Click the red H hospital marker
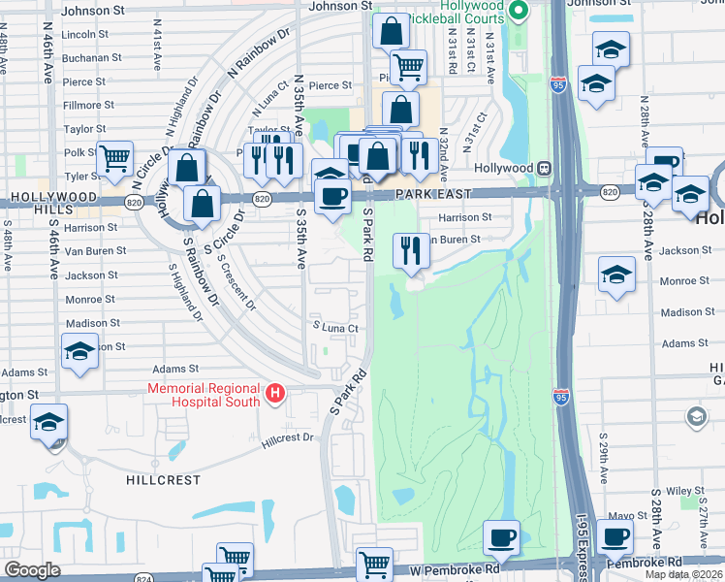coord(275,394)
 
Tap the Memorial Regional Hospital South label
coord(205,395)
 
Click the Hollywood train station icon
coord(545,168)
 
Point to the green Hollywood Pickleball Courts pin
coord(519,12)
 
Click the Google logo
coord(33,570)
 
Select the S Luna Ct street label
coord(334,328)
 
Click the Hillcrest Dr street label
coord(288,438)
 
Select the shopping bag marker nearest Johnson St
coord(390,31)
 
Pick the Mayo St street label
coord(627,516)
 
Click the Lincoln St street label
coord(83,34)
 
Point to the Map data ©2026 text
coord(684,574)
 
